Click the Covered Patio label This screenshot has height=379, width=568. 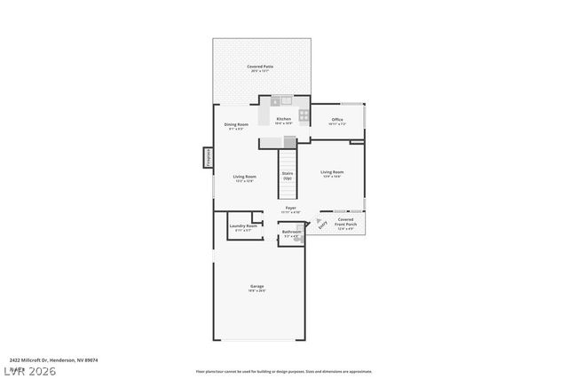tap(260, 68)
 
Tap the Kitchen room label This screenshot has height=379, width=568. tap(284, 120)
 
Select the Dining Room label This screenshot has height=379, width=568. tap(236, 125)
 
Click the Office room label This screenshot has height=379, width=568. tap(337, 121)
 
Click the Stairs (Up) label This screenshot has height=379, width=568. tap(287, 176)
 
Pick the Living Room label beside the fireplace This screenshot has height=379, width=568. tap(244, 178)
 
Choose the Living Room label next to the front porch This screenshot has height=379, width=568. tap(332, 173)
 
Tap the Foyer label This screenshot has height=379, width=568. tap(290, 209)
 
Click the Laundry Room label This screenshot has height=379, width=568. tap(243, 227)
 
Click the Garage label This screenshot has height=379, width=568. tap(256, 288)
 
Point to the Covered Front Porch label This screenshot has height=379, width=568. tap(345, 222)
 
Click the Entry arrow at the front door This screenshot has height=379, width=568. tap(322, 225)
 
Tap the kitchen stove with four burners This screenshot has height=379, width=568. tap(303, 114)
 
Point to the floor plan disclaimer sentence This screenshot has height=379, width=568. tap(284, 371)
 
